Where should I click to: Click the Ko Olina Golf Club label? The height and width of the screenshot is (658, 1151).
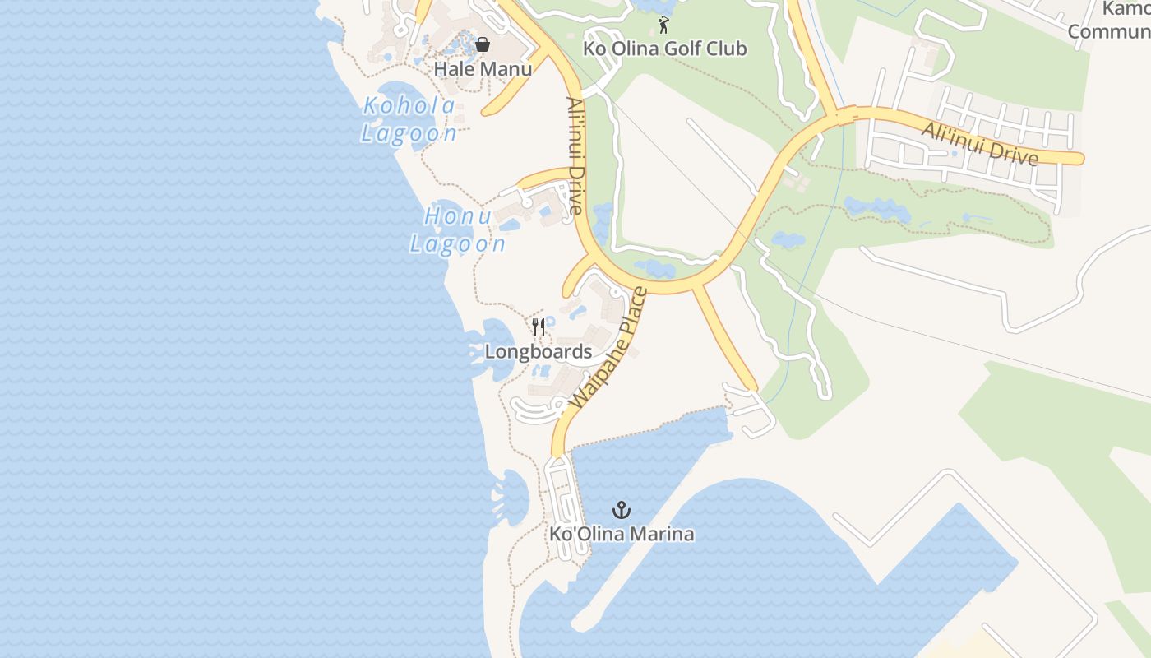pyautogui.click(x=665, y=49)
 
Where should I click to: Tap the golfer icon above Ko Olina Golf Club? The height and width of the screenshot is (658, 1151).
pyautogui.click(x=663, y=25)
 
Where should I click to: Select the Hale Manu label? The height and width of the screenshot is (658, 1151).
pyautogui.click(x=483, y=69)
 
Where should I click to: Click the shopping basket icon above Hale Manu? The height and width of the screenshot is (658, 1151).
pyautogui.click(x=483, y=44)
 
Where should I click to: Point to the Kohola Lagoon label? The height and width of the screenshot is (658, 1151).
pyautogui.click(x=409, y=119)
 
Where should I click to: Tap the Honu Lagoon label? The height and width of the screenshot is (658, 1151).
pyautogui.click(x=457, y=229)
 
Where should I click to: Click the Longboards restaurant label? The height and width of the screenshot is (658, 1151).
pyautogui.click(x=538, y=352)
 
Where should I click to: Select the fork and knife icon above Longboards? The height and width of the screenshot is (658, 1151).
pyautogui.click(x=539, y=327)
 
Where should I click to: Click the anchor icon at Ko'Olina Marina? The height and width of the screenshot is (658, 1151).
pyautogui.click(x=622, y=510)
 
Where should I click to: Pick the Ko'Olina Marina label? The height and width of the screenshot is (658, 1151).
pyautogui.click(x=622, y=534)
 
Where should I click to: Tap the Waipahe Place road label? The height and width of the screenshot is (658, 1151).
pyautogui.click(x=608, y=348)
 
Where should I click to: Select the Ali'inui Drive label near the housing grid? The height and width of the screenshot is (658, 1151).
pyautogui.click(x=979, y=143)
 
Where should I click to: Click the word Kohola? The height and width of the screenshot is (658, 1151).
pyautogui.click(x=409, y=106)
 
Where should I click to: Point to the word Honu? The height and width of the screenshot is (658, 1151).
pyautogui.click(x=451, y=216)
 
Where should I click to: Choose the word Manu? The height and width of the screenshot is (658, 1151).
pyautogui.click(x=506, y=69)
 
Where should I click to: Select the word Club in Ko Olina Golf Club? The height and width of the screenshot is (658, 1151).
pyautogui.click(x=727, y=49)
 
